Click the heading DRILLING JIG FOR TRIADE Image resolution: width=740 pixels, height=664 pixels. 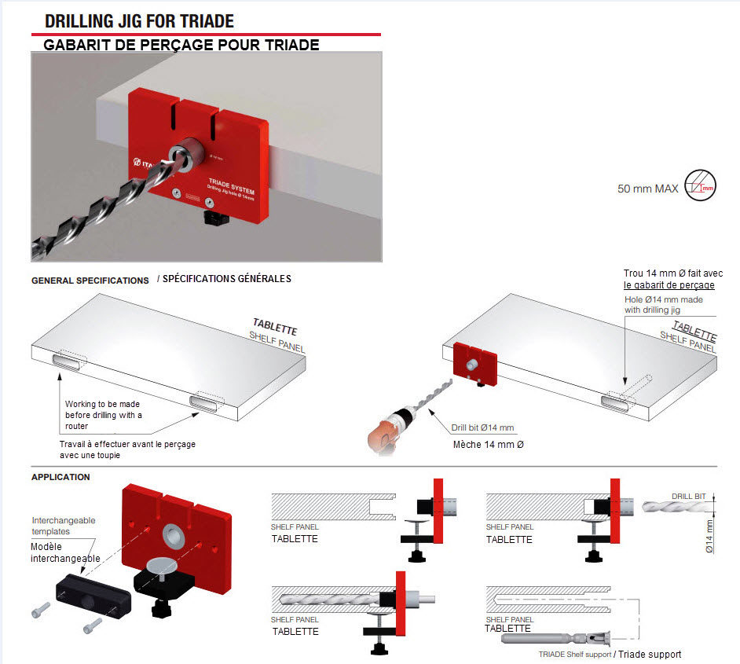(x=139, y=21)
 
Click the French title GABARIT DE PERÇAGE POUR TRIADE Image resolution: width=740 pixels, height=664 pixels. (x=181, y=45)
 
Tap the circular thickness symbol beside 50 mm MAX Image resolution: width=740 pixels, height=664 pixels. (x=700, y=186)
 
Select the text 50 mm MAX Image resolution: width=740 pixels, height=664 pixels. (x=648, y=189)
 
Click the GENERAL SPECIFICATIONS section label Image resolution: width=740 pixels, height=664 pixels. (x=90, y=281)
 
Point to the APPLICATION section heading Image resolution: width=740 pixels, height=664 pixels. (x=60, y=477)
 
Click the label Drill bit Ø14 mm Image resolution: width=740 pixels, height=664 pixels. (x=482, y=428)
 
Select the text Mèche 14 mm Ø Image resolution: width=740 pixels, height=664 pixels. (x=489, y=445)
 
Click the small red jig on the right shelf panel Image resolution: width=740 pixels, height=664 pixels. (x=475, y=366)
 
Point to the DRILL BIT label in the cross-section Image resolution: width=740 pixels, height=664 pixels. (x=688, y=496)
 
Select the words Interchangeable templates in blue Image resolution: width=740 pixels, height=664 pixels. (x=63, y=526)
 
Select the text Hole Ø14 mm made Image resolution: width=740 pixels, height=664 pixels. (x=664, y=299)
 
